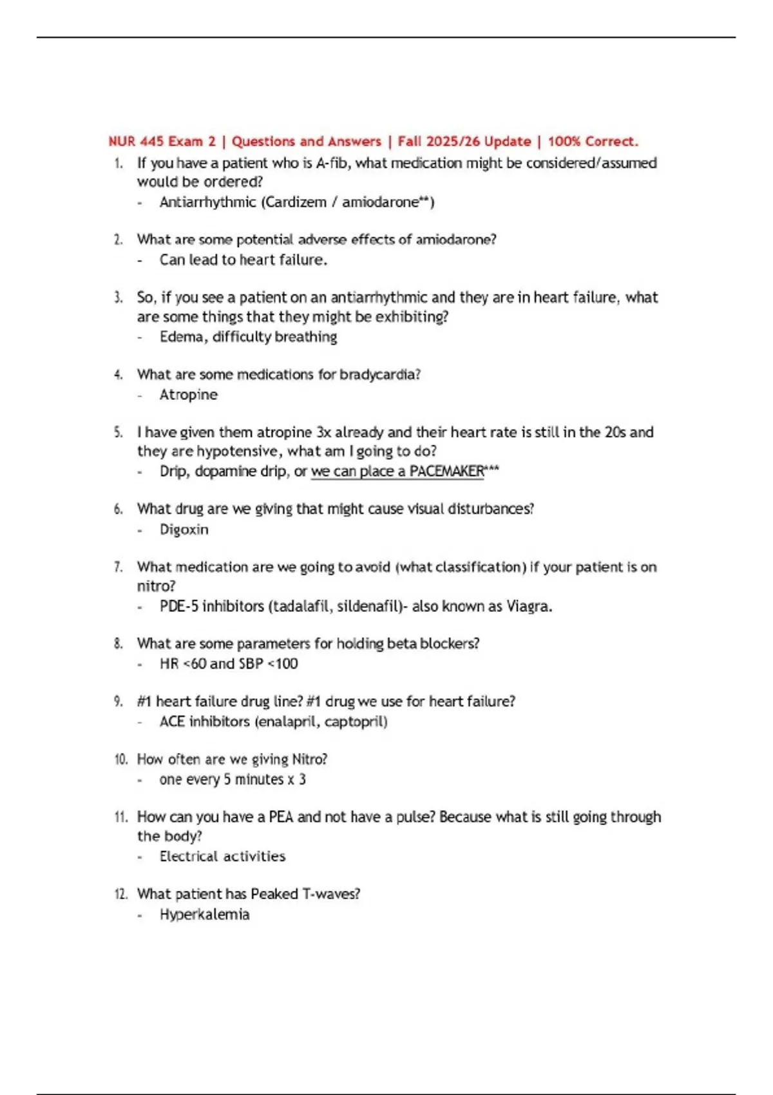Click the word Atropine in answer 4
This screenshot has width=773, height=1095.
[x=188, y=395]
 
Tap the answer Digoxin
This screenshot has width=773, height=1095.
[x=184, y=529]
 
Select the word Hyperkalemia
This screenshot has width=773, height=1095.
[x=204, y=915]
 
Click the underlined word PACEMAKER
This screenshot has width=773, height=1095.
[x=446, y=471]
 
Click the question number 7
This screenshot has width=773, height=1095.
[x=118, y=567]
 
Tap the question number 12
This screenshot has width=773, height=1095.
[x=120, y=894]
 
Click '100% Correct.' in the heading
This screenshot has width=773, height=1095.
[x=593, y=141]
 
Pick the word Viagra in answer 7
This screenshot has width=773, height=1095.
[x=528, y=606]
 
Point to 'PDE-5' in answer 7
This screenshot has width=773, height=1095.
[x=178, y=606]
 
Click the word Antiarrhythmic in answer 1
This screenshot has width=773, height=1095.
[x=207, y=202]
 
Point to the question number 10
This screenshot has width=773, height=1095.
[x=121, y=759]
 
